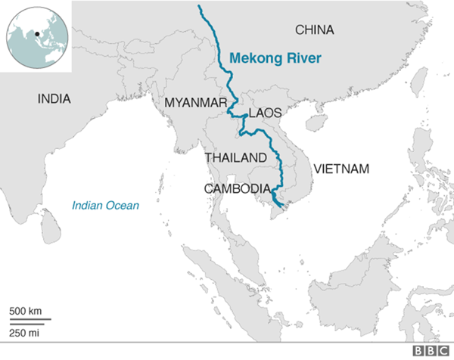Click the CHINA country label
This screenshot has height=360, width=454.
314,29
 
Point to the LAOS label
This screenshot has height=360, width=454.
264,113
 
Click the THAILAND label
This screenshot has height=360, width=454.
235,157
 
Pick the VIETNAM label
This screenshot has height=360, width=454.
341,168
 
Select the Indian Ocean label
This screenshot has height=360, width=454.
106,205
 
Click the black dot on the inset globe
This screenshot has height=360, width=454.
36,33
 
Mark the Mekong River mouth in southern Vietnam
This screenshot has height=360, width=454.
281,205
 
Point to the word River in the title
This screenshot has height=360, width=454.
303,57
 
